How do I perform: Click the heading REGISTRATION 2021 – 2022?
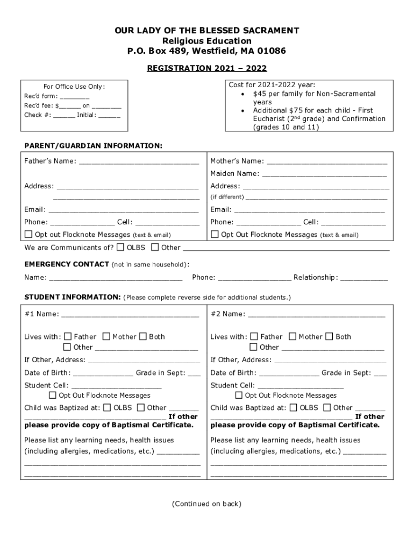point(207,68)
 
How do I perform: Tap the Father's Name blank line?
point(139,162)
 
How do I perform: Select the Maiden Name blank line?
point(324,174)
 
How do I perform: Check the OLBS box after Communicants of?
point(120,248)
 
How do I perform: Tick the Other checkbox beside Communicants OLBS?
point(155,248)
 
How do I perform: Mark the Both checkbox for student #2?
point(329,337)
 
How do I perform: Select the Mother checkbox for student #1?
point(106,337)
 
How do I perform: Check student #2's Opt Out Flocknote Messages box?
point(239,395)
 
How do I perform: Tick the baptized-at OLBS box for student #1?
point(107,408)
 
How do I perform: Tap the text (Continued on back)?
point(207,504)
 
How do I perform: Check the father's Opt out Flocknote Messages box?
point(28,235)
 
